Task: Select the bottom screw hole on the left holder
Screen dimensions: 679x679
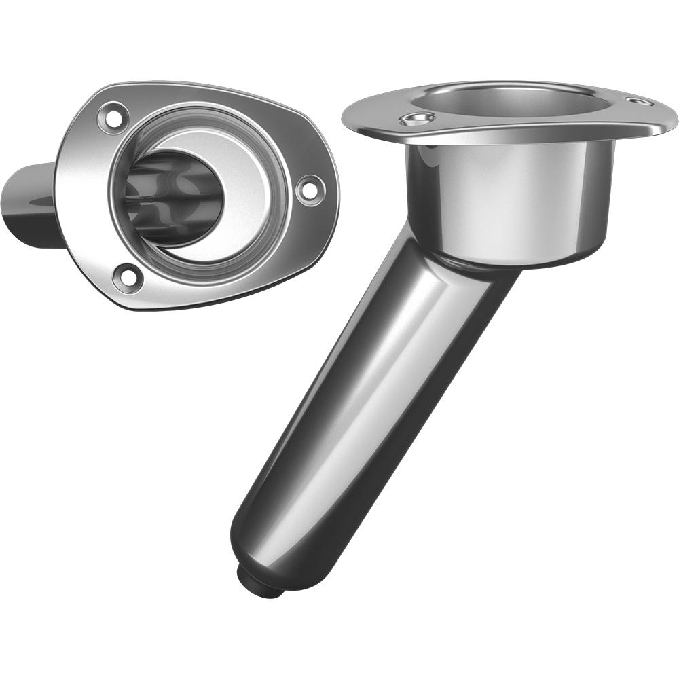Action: point(128,276)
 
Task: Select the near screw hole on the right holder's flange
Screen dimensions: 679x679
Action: point(416,120)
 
